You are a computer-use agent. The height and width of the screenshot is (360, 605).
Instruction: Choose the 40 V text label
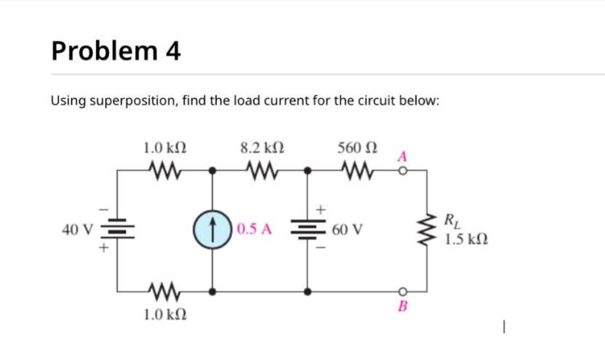click(77, 231)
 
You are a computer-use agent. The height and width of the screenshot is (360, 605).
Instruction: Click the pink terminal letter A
click(401, 156)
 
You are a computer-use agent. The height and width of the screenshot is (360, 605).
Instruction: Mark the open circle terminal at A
click(401, 172)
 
